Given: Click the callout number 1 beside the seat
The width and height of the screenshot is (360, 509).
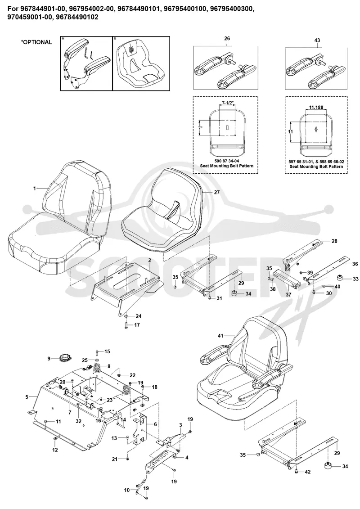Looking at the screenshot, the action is pyautogui.click(x=35, y=188).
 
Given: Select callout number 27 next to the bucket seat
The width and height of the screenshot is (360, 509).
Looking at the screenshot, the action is pyautogui.click(x=217, y=192).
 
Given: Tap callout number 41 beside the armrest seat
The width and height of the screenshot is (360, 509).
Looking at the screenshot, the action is pyautogui.click(x=220, y=336).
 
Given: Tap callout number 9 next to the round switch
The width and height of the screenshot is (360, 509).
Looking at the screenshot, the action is pyautogui.click(x=49, y=359).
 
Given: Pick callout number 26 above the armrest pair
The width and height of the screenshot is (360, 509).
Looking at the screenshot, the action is pyautogui.click(x=227, y=39).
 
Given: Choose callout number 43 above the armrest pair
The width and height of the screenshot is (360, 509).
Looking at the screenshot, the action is pyautogui.click(x=317, y=40).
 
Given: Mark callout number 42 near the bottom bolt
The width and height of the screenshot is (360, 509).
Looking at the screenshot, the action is pyautogui.click(x=308, y=472).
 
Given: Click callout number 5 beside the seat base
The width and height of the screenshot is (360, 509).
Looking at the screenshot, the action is pyautogui.click(x=27, y=396).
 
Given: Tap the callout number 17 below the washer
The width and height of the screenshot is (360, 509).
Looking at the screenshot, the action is pyautogui.click(x=137, y=324).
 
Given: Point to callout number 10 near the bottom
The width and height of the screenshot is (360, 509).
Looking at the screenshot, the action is pyautogui.click(x=126, y=490).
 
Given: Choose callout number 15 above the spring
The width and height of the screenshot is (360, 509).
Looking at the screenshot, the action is pyautogui.click(x=107, y=351).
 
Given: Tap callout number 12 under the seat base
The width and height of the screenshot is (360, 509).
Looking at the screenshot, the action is pyautogui.click(x=55, y=450).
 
